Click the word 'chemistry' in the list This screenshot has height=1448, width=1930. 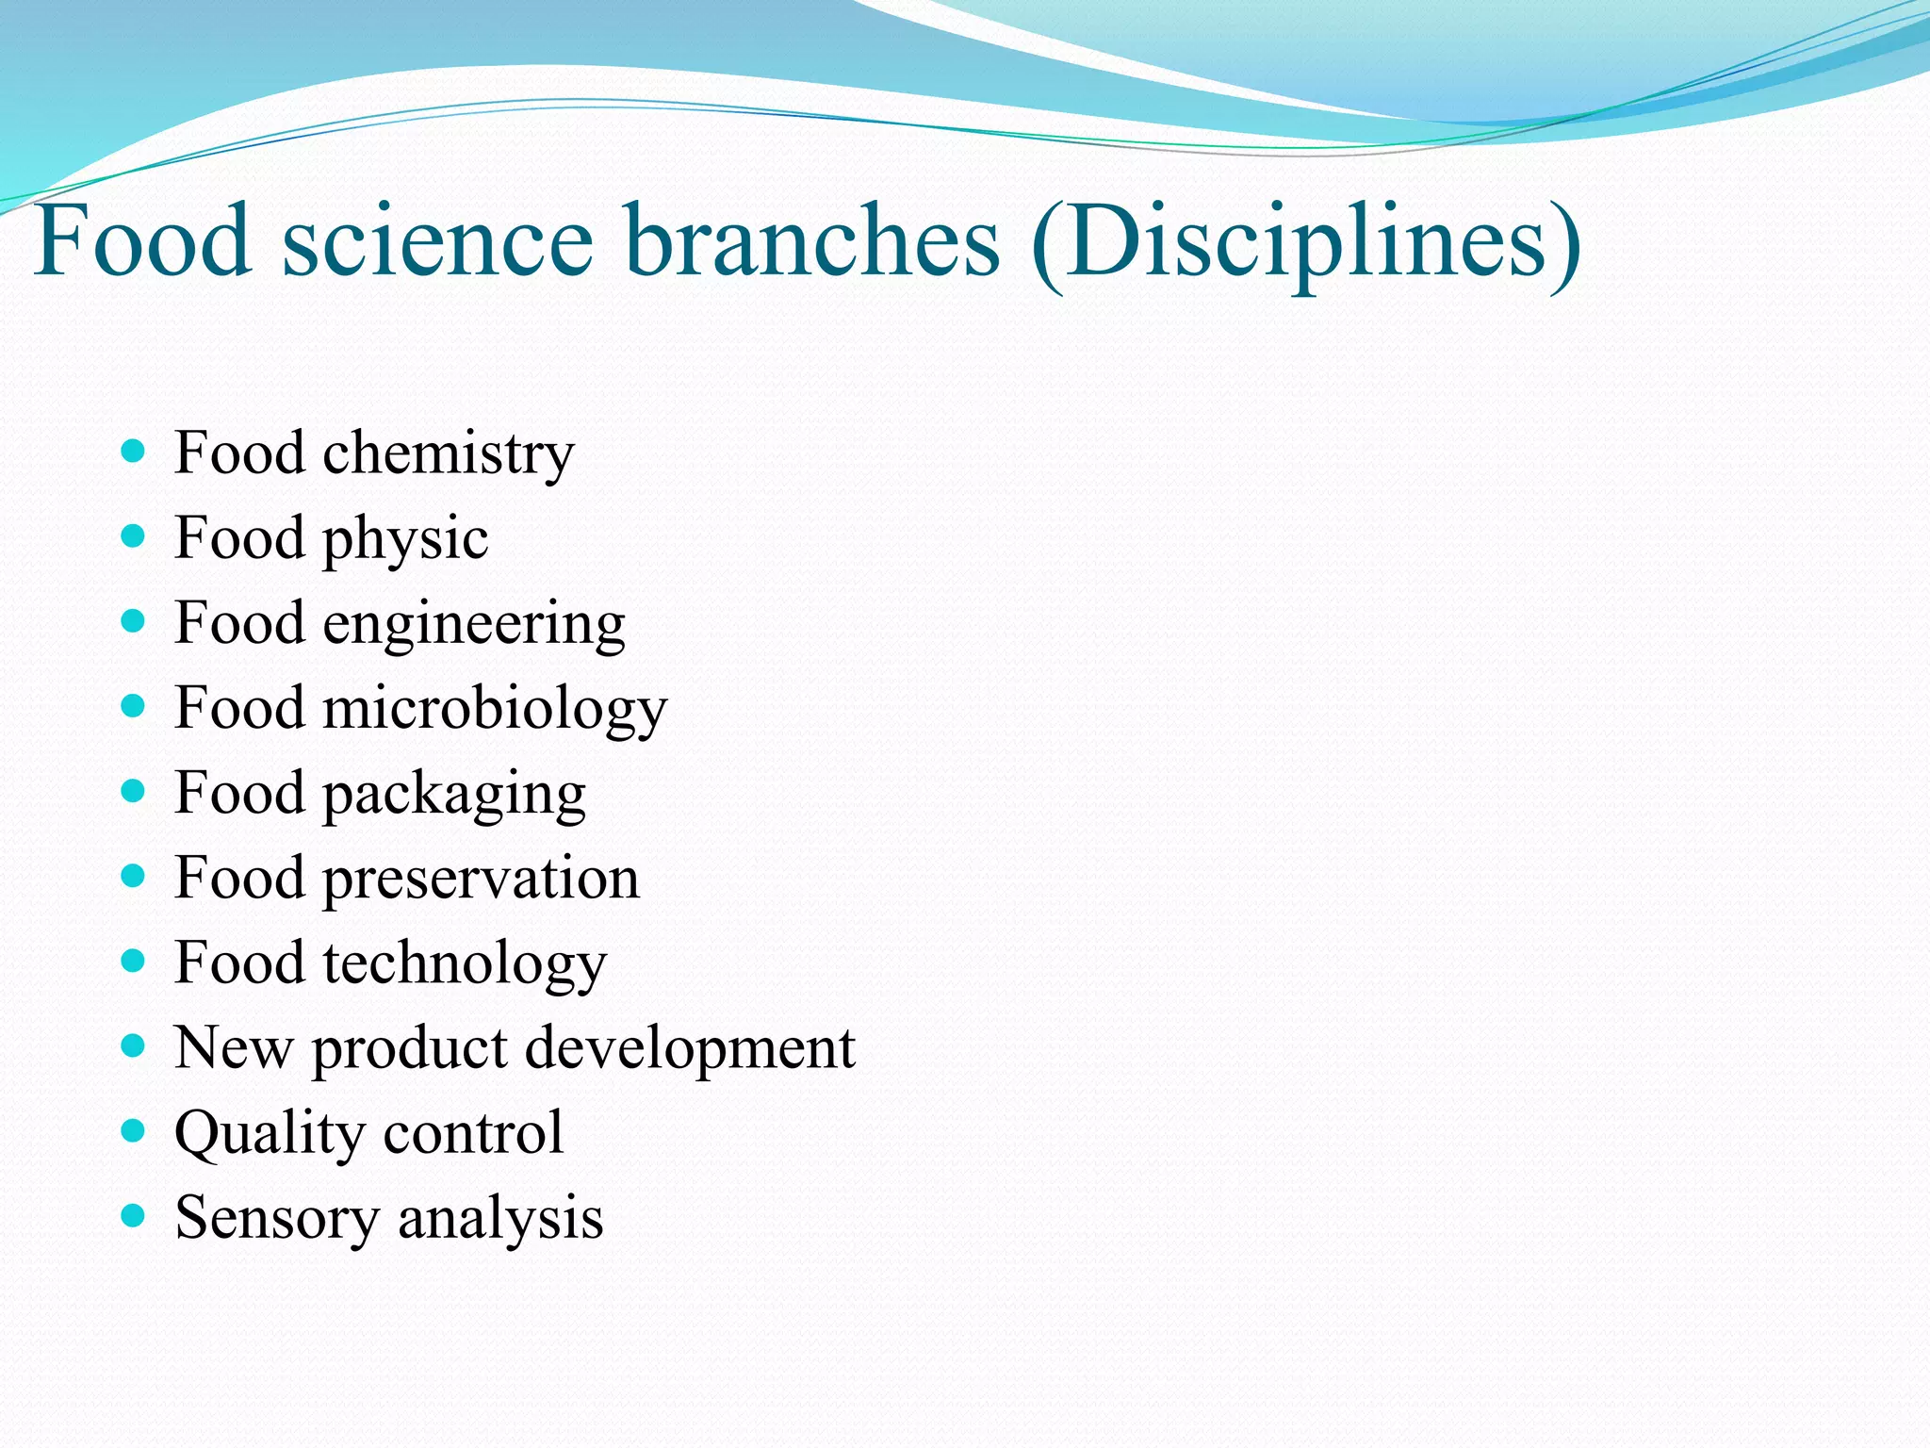(449, 455)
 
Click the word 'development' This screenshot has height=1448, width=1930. (690, 1048)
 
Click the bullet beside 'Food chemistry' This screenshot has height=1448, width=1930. (134, 452)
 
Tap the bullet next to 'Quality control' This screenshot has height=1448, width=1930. (134, 1130)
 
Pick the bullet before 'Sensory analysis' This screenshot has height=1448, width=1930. (134, 1215)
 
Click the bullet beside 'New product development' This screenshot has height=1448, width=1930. (134, 1045)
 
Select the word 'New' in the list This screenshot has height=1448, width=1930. (234, 1048)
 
